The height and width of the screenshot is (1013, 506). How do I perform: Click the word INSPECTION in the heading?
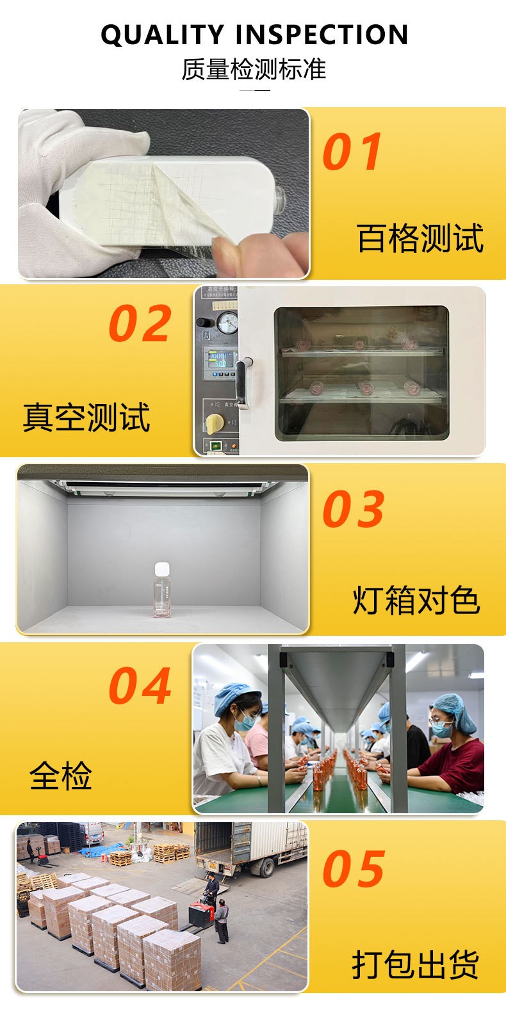click(322, 35)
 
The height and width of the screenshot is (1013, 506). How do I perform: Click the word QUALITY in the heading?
click(162, 35)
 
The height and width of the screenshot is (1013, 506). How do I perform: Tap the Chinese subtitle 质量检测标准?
click(254, 69)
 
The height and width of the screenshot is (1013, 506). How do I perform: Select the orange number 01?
click(352, 152)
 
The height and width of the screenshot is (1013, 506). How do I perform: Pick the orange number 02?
click(140, 323)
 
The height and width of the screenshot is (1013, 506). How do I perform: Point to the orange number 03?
click(354, 509)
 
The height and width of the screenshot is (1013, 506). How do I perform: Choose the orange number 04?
click(140, 686)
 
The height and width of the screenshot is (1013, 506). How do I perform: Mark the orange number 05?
click(354, 868)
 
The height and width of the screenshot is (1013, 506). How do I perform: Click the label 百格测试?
click(421, 238)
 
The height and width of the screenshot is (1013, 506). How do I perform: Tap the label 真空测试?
click(86, 417)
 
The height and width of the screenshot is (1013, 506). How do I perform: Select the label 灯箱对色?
click(416, 601)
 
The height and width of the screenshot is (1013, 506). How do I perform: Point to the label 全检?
click(61, 775)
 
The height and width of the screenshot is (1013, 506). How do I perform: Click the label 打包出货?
click(416, 964)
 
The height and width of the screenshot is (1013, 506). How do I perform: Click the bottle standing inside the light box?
click(162, 590)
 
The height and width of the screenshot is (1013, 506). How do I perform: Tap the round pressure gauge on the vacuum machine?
click(227, 323)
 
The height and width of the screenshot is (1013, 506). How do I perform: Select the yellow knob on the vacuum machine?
click(215, 423)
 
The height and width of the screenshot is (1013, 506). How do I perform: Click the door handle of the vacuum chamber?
click(243, 382)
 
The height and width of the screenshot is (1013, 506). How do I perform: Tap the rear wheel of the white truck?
click(267, 868)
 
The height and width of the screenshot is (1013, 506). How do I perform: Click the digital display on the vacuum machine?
click(221, 359)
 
